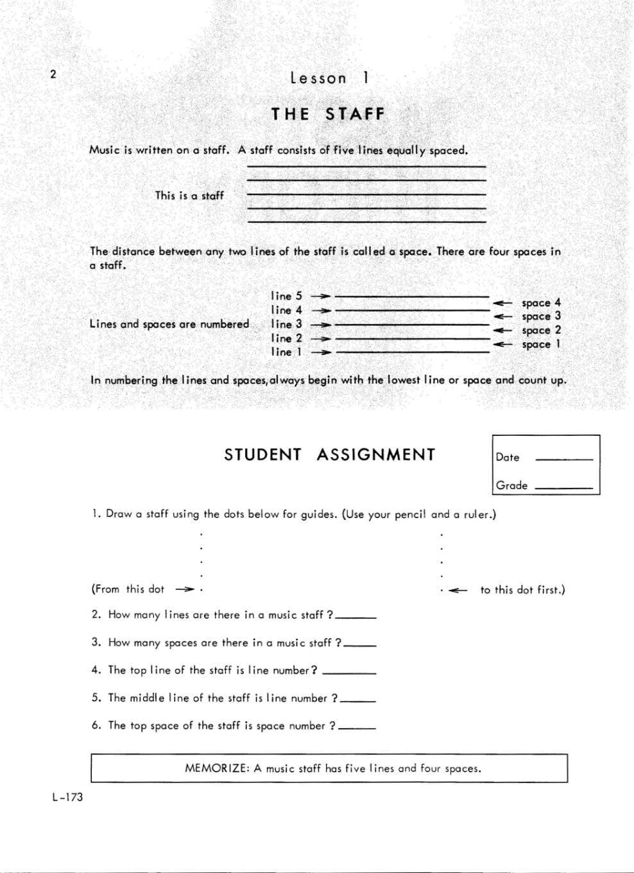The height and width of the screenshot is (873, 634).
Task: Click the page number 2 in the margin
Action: [53, 74]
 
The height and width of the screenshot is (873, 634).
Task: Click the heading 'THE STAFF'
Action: [328, 114]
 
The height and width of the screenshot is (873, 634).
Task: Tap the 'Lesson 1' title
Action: [329, 78]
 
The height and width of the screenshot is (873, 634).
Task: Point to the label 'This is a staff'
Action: [189, 195]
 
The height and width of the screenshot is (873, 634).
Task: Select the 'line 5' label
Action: [286, 296]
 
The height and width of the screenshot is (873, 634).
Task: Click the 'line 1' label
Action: [286, 352]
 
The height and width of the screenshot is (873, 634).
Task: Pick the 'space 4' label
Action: [541, 302]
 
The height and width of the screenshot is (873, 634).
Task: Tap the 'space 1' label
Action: [541, 345]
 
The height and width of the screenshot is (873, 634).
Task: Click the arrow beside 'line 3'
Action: [320, 324]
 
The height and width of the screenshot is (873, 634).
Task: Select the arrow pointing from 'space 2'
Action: [502, 331]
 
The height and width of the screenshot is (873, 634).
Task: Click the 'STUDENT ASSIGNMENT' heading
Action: [329, 454]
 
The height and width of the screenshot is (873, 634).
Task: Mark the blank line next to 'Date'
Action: [563, 458]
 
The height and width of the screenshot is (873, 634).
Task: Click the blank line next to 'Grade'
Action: [563, 487]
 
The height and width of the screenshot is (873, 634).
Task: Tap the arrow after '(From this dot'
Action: [185, 589]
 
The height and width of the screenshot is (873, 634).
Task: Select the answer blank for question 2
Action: [356, 617]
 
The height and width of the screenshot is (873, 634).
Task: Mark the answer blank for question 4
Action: [348, 672]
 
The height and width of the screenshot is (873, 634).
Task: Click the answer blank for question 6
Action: [358, 728]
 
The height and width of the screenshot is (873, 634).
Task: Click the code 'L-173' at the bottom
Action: [67, 798]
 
